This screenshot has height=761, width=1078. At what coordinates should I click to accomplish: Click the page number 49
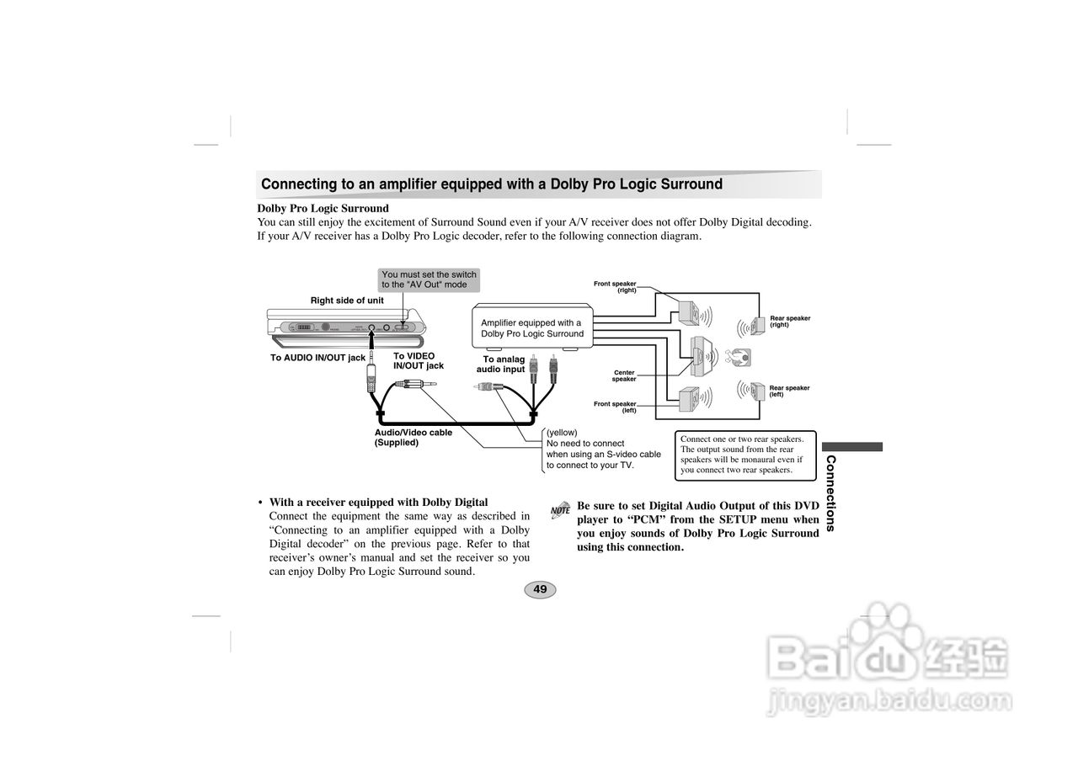pos(540,589)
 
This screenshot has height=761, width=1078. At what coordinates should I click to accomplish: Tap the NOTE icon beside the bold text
pos(560,509)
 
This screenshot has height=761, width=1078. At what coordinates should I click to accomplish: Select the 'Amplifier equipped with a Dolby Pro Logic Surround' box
pos(532,328)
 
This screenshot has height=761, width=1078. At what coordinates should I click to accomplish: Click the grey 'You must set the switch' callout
pos(429,279)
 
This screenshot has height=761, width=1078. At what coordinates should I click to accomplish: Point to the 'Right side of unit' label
pos(347,301)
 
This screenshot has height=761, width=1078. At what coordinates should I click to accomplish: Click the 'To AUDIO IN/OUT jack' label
pos(318,358)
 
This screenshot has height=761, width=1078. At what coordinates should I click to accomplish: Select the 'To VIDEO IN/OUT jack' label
pos(418,361)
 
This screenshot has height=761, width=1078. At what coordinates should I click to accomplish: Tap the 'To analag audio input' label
pos(503,365)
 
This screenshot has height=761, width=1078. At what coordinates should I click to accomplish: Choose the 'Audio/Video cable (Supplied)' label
pos(413,437)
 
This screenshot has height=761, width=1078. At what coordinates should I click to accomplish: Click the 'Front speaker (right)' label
pos(616,286)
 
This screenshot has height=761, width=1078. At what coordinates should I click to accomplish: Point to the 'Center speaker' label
pos(624,375)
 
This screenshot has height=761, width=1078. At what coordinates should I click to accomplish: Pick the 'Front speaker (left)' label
pos(616,407)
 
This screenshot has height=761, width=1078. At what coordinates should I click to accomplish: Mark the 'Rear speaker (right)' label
pos(789,322)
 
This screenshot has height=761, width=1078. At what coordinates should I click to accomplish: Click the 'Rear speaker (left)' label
pos(789,391)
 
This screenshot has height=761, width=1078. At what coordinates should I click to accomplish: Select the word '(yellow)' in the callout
pos(562,433)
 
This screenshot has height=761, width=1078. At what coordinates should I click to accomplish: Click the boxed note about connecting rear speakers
pos(745,455)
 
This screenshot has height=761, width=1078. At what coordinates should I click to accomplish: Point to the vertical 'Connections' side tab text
pos(830,493)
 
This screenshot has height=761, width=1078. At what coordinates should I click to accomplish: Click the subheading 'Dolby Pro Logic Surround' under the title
pos(323,208)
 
